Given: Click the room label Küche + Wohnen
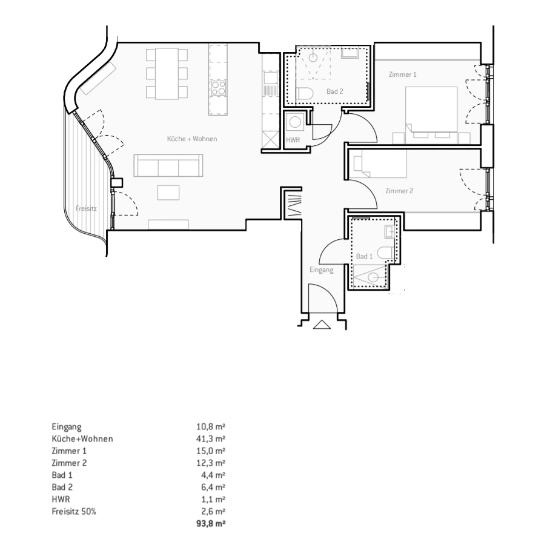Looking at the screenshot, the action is click(x=192, y=139).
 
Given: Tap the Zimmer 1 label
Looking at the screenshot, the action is click(x=402, y=74).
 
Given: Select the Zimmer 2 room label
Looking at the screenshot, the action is click(x=399, y=191).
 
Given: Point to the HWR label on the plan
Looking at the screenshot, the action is click(x=293, y=140).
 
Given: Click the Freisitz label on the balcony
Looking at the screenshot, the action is click(x=86, y=208).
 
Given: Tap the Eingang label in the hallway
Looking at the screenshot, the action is click(x=321, y=269).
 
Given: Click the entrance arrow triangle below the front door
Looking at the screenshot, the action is click(x=322, y=325).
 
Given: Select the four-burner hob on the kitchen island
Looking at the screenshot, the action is click(x=218, y=88).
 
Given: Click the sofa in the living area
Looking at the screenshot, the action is click(x=168, y=165).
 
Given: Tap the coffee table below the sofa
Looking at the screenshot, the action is click(x=168, y=193).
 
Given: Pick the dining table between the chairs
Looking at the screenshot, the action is click(x=167, y=74).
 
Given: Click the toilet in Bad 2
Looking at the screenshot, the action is click(x=305, y=94).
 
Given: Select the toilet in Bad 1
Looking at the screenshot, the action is click(x=385, y=253).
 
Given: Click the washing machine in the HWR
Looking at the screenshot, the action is click(x=294, y=122).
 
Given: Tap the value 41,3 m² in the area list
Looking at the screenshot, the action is click(x=210, y=438).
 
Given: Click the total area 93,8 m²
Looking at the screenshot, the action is click(x=210, y=524).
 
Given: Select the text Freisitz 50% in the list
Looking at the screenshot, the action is click(x=74, y=511).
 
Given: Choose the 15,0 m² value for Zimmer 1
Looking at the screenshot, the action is click(x=210, y=451).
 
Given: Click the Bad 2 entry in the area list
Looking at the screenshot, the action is click(x=62, y=487).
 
